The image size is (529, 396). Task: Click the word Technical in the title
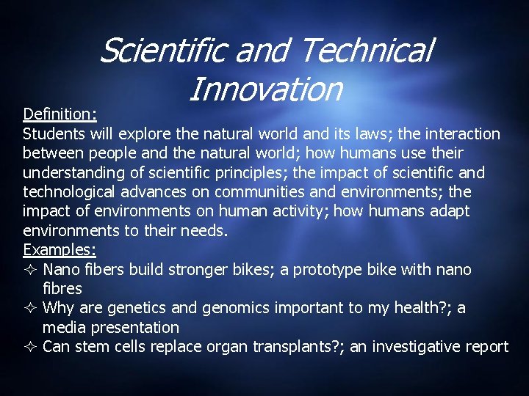coord(367,51)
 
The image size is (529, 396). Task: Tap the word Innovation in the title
coord(265,89)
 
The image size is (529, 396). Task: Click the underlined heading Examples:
coord(59,250)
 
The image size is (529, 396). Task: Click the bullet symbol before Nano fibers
coord(30,270)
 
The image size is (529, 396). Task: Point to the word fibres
coord(62,289)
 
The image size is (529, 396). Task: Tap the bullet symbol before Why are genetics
coord(30,308)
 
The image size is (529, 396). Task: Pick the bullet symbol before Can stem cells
coord(30,347)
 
